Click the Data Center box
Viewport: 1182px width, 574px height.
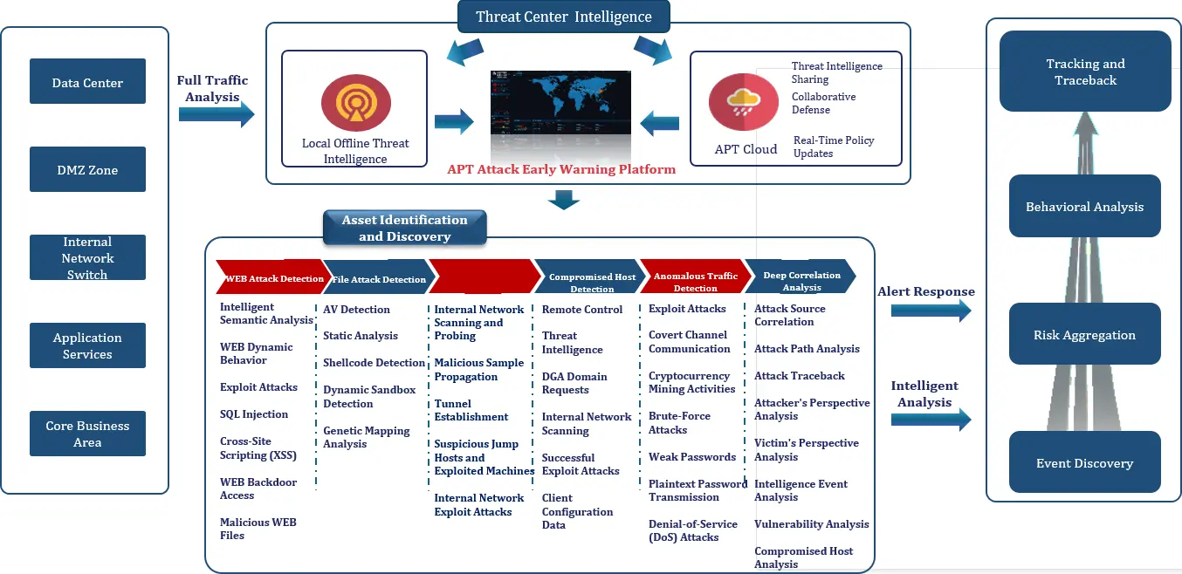[x=87, y=81]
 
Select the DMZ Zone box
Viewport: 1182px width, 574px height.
[x=87, y=169]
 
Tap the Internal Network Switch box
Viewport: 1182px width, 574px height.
[x=87, y=257]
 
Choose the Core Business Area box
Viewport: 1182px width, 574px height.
[x=87, y=434]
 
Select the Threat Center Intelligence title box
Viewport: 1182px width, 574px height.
[x=563, y=17]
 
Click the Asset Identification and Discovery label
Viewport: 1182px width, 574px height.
[x=404, y=228]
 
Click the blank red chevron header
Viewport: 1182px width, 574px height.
[x=485, y=276]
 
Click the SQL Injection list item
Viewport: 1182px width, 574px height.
[x=253, y=414]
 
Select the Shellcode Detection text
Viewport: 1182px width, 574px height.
[x=374, y=363]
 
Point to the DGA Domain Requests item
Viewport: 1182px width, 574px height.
[x=574, y=383]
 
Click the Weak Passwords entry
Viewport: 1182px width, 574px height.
[x=691, y=457]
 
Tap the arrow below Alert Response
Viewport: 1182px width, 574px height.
[x=931, y=310]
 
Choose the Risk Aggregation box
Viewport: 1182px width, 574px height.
[x=1084, y=334]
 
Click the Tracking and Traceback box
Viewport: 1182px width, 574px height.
[x=1084, y=72]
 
